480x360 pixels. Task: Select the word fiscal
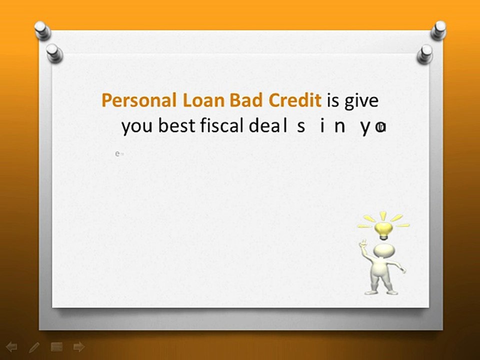[x=222, y=126]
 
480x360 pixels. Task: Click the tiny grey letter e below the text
[x=117, y=154]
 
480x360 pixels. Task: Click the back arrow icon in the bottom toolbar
[x=11, y=346]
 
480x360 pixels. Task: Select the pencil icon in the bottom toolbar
[x=34, y=346]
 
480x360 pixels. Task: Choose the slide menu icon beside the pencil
[x=56, y=346]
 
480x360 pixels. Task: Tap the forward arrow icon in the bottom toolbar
[x=78, y=346]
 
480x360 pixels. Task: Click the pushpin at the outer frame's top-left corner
[x=42, y=30]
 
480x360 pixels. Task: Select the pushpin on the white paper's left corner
[x=53, y=52]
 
